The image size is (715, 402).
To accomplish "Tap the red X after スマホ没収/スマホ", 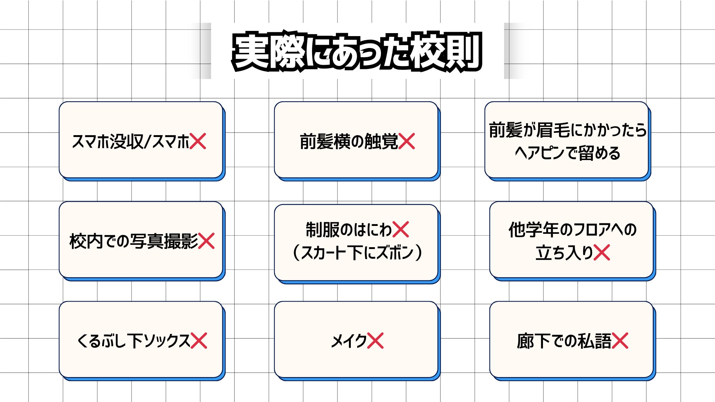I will tap(198, 141).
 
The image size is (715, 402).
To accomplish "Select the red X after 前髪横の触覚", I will tap(407, 141).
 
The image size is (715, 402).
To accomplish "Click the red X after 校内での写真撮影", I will tap(206, 241).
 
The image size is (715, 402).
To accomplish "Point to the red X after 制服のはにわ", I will tap(401, 229).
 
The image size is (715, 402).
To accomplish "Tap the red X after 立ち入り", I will tap(602, 253).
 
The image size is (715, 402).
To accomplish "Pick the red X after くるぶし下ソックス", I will tap(199, 341).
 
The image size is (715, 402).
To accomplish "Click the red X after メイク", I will tap(375, 341).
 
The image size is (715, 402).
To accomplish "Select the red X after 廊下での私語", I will tap(620, 341).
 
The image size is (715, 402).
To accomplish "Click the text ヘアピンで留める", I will tap(568, 153).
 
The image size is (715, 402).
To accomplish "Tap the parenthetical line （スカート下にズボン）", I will tap(357, 253).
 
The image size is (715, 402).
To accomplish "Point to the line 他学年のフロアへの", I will tap(572, 230).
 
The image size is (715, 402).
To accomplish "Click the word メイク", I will tap(349, 341).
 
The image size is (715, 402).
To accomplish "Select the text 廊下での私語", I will tap(564, 341).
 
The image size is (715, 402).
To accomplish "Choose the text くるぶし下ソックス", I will tap(133, 341).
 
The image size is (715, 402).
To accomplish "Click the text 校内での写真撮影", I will tap(134, 241).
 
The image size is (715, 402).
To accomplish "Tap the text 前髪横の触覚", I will tap(349, 142).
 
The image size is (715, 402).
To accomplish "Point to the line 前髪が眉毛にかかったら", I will tap(568, 130).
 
